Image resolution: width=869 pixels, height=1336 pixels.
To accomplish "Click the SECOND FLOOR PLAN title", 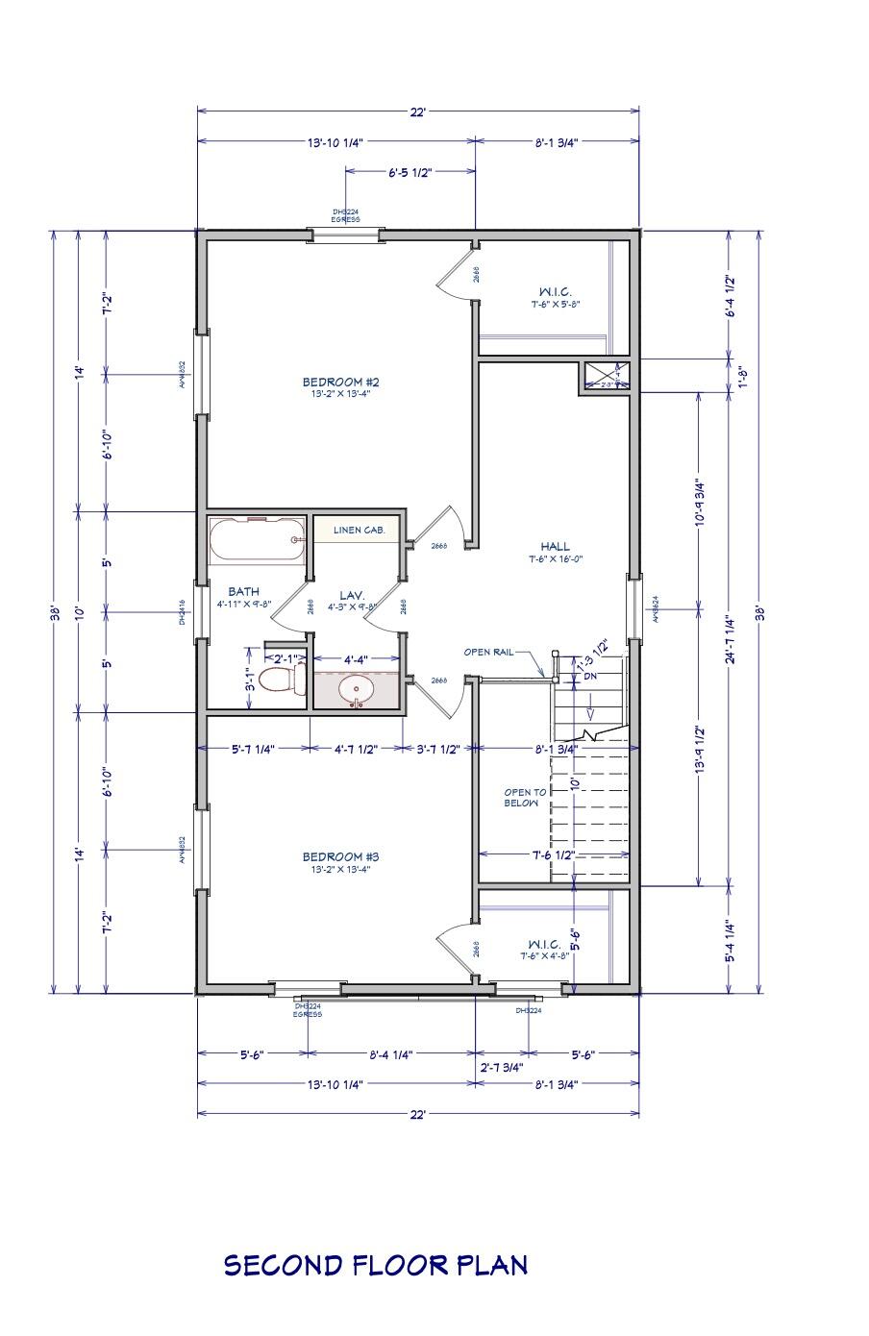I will coord(376,1264).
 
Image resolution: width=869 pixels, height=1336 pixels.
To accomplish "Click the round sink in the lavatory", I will coord(358,689).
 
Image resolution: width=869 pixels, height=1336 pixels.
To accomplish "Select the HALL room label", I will coord(555,547).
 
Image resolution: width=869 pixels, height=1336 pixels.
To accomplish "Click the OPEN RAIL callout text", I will coord(488,652).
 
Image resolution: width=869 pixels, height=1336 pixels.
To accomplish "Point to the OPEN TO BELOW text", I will coord(525,798).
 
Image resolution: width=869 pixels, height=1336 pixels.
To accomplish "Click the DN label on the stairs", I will coord(590,677).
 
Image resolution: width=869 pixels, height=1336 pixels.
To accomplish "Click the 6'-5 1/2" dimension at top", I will coord(410,173).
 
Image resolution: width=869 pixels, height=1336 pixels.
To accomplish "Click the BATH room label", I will coord(243,592).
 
